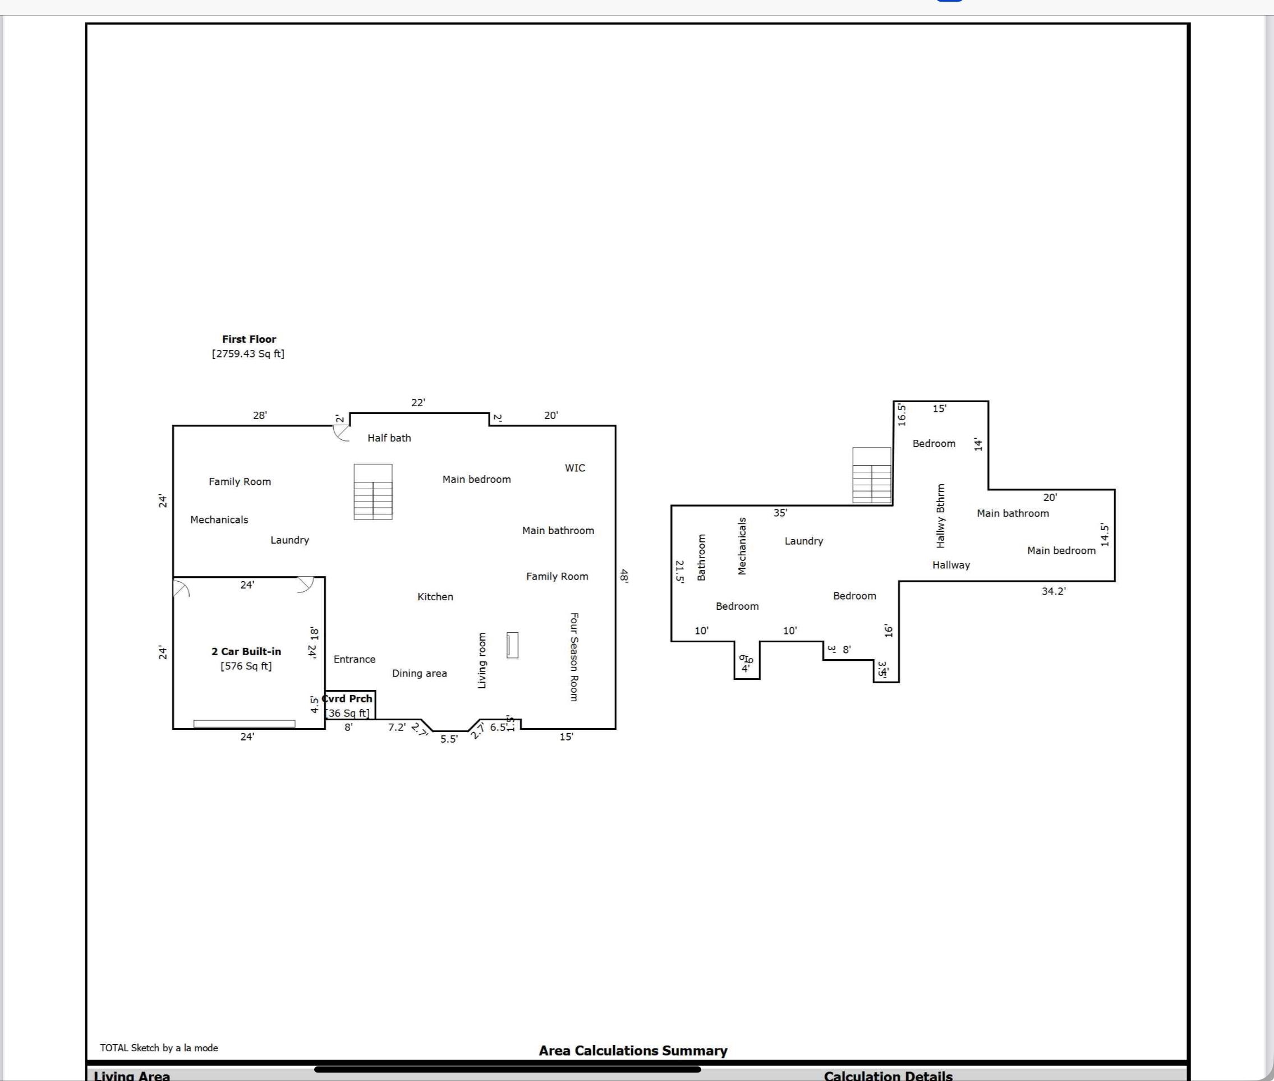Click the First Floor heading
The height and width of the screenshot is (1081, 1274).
pyautogui.click(x=249, y=339)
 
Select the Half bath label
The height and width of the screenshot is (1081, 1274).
pyautogui.click(x=389, y=438)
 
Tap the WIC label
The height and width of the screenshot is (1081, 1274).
pyautogui.click(x=575, y=468)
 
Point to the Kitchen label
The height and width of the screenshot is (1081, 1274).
pyautogui.click(x=435, y=596)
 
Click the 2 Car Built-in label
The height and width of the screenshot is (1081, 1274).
pyautogui.click(x=246, y=651)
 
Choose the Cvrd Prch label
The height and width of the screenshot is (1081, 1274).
pyautogui.click(x=348, y=698)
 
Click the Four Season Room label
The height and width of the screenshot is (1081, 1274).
pyautogui.click(x=574, y=656)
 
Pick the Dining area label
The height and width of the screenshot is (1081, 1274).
pyautogui.click(x=419, y=673)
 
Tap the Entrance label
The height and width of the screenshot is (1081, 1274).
pyautogui.click(x=354, y=659)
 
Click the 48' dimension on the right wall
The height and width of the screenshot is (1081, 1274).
pyautogui.click(x=624, y=576)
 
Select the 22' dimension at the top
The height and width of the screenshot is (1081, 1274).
pyautogui.click(x=418, y=403)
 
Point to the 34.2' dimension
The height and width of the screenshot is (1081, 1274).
pyautogui.click(x=1054, y=591)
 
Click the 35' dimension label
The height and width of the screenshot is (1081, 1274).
pyautogui.click(x=780, y=512)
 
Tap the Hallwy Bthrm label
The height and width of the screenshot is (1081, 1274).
pyautogui.click(x=941, y=516)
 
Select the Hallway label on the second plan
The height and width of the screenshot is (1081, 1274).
pyautogui.click(x=951, y=565)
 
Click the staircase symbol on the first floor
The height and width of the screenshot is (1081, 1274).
pyautogui.click(x=372, y=491)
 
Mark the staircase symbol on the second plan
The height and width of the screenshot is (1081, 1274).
pyautogui.click(x=871, y=475)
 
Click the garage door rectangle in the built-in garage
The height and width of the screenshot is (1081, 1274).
pyautogui.click(x=244, y=724)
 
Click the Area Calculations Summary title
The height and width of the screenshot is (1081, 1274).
pyautogui.click(x=633, y=1050)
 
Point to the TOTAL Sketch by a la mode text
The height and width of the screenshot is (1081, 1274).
pyautogui.click(x=159, y=1048)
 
